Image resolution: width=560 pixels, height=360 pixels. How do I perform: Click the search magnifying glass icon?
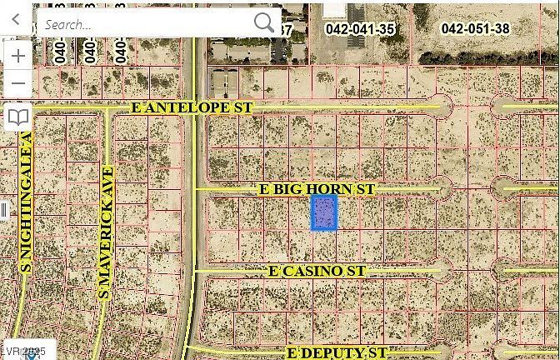[x=263, y=22]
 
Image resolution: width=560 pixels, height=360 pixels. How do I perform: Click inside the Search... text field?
[x=142, y=23]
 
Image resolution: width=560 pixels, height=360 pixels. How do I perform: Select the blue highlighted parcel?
[x=323, y=212]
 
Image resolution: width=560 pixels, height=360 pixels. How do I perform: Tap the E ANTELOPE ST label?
[x=192, y=108]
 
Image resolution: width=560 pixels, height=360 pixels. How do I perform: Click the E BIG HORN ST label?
[x=317, y=190]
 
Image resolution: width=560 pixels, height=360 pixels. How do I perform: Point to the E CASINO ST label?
[x=317, y=272]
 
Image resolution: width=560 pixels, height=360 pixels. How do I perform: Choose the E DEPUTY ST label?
[x=337, y=353]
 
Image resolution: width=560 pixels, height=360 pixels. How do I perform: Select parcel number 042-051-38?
[x=475, y=28]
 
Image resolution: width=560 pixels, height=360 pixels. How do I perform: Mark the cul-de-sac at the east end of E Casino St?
[x=443, y=270]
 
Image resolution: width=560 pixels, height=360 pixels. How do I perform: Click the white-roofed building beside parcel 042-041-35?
[x=334, y=9]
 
